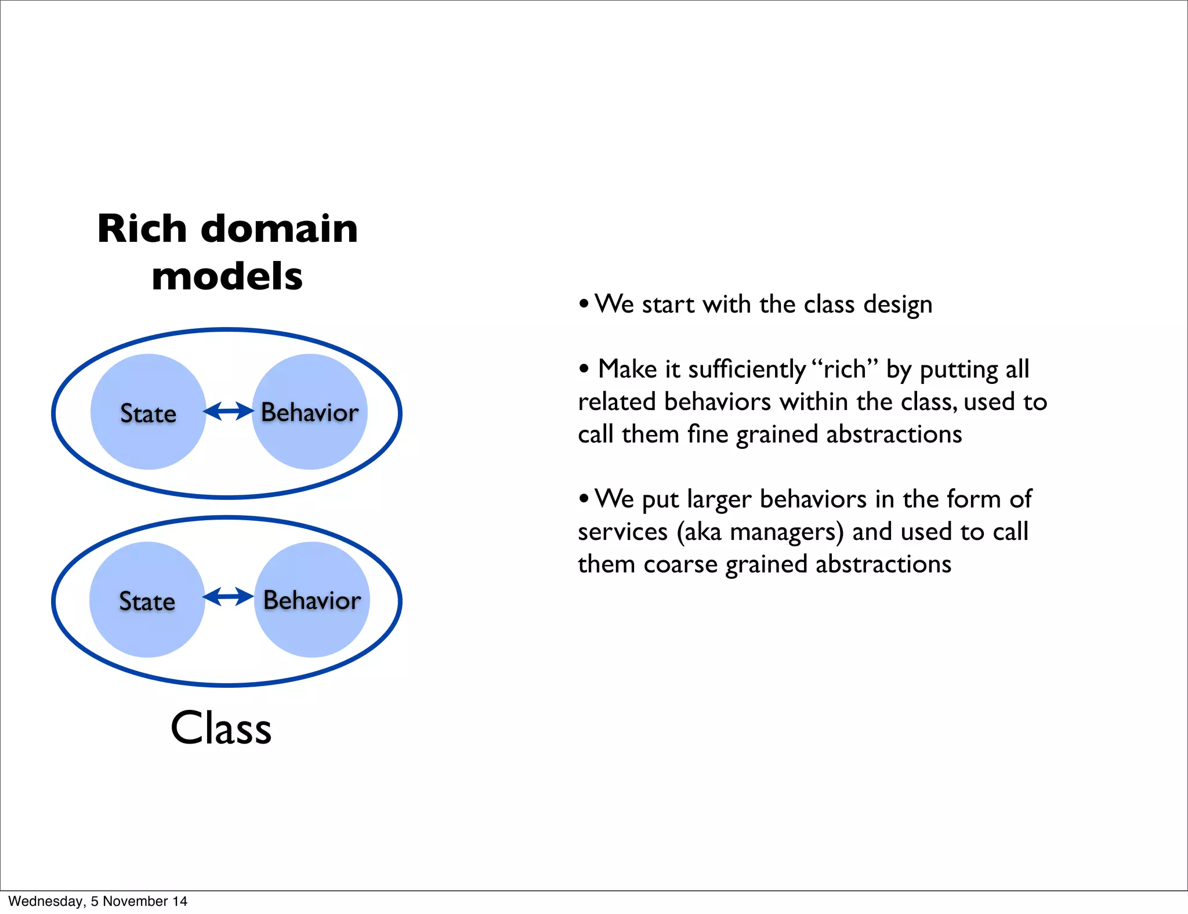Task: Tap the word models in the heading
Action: [x=227, y=277]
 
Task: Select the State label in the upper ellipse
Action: [x=148, y=414]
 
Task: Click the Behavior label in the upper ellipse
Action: [x=310, y=412]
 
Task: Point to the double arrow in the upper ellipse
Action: [x=229, y=411]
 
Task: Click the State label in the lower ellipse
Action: [x=147, y=601]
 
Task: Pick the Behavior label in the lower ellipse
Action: [x=312, y=600]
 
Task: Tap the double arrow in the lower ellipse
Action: [x=229, y=596]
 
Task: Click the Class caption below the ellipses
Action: [x=221, y=728]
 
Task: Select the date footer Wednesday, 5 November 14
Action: [x=97, y=901]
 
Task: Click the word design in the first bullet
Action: [x=897, y=305]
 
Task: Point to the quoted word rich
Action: [x=845, y=369]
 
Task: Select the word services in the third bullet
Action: [x=622, y=532]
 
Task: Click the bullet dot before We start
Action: [x=584, y=303]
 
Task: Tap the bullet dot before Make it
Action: [x=584, y=368]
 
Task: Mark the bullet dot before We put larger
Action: [x=584, y=498]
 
